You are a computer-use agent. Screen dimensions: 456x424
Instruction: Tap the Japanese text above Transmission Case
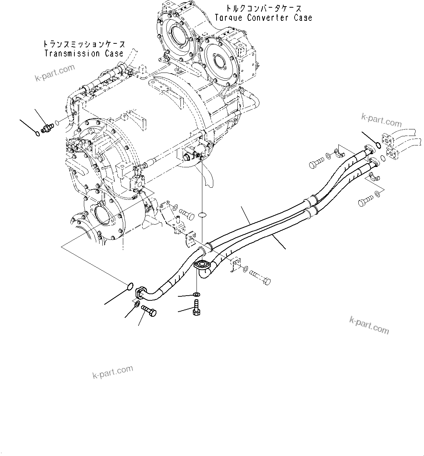pyautogui.click(x=83, y=44)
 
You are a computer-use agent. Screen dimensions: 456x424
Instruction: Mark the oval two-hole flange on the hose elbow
pyautogui.click(x=201, y=265)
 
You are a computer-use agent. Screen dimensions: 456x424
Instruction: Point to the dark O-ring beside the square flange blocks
pyautogui.click(x=379, y=146)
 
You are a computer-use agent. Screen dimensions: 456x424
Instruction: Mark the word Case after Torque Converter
pyautogui.click(x=303, y=17)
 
